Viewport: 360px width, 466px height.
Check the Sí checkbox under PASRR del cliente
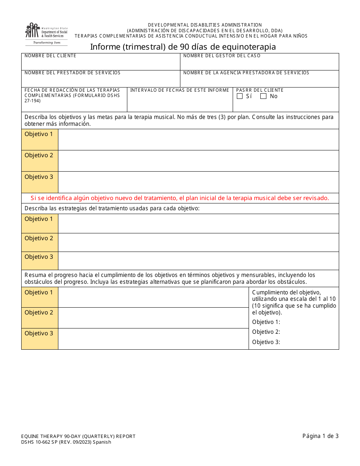click(x=239, y=96)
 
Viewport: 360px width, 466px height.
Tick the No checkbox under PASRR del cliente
click(x=263, y=96)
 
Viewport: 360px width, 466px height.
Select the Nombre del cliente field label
click(x=50, y=56)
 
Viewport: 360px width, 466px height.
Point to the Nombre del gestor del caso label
click(x=222, y=56)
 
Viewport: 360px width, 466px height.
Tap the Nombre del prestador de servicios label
click(x=72, y=73)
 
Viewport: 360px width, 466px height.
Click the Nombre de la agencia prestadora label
click(x=246, y=73)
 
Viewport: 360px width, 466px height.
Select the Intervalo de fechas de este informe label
click(x=180, y=90)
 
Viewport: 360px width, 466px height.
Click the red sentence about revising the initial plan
click(x=180, y=198)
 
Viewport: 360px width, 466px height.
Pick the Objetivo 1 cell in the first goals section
click(x=39, y=139)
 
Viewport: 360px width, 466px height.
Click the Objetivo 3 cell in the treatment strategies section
click(x=39, y=260)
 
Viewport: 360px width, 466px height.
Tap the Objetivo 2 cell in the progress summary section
click(x=39, y=317)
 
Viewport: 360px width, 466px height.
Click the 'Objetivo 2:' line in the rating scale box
click(x=266, y=332)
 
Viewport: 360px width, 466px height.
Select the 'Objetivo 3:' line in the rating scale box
click(x=266, y=342)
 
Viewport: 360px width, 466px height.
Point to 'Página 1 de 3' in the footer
click(x=320, y=436)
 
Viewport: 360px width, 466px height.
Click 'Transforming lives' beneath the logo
click(x=46, y=43)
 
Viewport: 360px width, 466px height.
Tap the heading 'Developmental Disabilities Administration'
click(x=205, y=25)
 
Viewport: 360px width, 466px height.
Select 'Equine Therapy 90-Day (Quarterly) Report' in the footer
click(x=78, y=436)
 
